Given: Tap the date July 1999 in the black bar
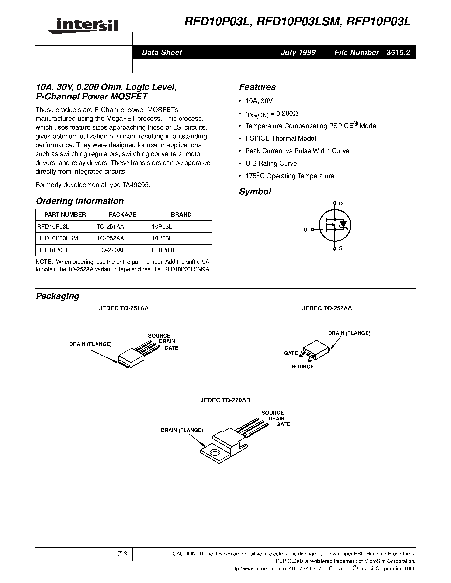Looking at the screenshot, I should pyautogui.click(x=298, y=53).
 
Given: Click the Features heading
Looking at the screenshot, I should pyautogui.click(x=257, y=87).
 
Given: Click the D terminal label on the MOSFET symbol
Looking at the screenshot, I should pyautogui.click(x=341, y=204).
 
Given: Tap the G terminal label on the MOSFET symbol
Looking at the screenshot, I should pyautogui.click(x=305, y=230).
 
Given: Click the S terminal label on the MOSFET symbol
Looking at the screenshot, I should pyautogui.click(x=341, y=248).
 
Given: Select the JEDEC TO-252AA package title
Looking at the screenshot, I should pyautogui.click(x=327, y=308).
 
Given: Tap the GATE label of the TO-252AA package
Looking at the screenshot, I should pyautogui.click(x=291, y=353).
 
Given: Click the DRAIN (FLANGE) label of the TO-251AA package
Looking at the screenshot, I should pyautogui.click(x=90, y=344).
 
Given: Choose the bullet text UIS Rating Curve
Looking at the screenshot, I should pyautogui.click(x=271, y=163).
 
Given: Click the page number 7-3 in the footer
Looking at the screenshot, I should pyautogui.click(x=122, y=554).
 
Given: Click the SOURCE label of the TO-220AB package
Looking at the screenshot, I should pyautogui.click(x=272, y=413).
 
